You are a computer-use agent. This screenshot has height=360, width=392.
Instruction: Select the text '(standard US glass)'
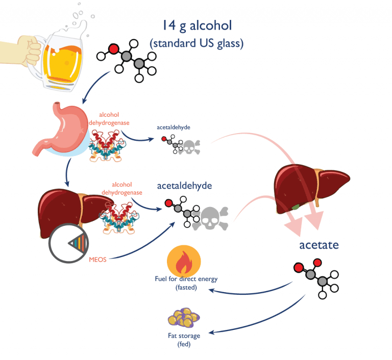coord(197,44)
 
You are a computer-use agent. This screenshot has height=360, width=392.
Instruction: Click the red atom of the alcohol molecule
coord(113,49)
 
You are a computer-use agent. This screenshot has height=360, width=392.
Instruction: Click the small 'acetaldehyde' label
coord(175,127)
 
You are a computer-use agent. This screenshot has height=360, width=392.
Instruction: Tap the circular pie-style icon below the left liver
coord(66,243)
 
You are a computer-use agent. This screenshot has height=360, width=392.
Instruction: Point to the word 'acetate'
coord(319,245)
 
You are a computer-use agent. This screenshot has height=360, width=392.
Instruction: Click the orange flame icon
coord(183,260)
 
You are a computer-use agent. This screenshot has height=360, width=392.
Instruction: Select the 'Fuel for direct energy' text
coord(186,279)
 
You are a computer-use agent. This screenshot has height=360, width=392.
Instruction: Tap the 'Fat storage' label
coord(184,336)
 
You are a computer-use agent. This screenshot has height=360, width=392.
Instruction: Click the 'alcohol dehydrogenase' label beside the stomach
coord(116,119)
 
